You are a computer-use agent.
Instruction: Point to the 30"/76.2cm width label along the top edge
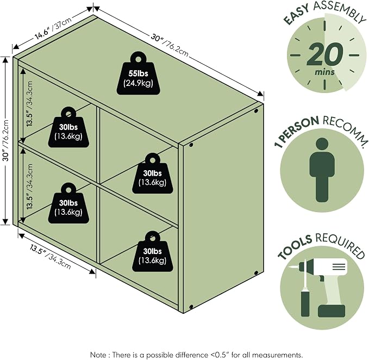[x=170, y=45]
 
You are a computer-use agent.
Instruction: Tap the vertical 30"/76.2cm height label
[x=6, y=140]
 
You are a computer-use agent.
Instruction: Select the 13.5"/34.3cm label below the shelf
[x=51, y=257]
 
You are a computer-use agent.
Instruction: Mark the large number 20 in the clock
[x=324, y=55]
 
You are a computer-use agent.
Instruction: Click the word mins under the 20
[x=325, y=72]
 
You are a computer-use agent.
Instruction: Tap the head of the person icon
[x=322, y=144]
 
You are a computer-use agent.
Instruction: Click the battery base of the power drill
[x=332, y=311]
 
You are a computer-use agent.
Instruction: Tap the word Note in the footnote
[x=98, y=355]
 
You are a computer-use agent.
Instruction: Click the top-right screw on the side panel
[x=257, y=110]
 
